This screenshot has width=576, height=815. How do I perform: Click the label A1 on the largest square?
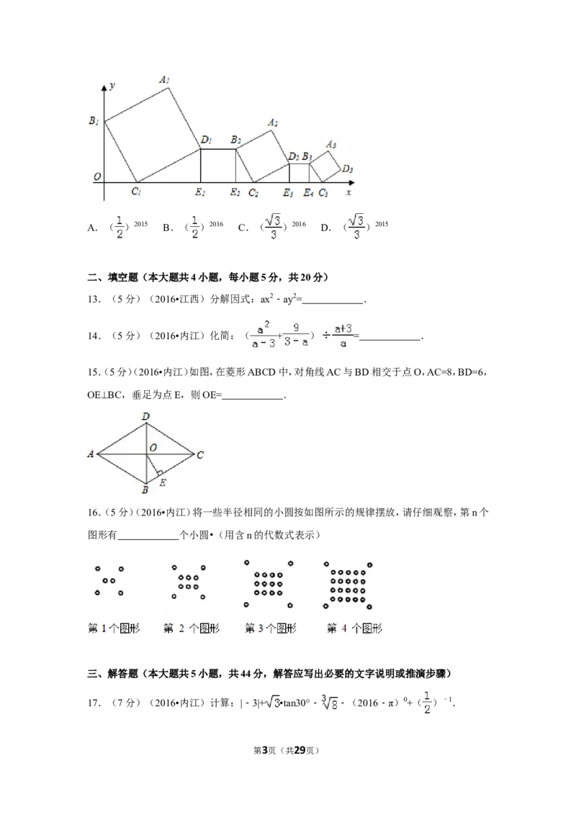[x=165, y=80]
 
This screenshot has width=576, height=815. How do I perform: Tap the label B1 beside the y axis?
[x=94, y=122]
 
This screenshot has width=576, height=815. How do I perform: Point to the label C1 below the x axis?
[x=135, y=192]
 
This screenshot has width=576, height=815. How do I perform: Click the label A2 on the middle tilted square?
[x=273, y=123]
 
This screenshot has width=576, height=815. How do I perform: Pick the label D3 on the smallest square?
[x=348, y=169]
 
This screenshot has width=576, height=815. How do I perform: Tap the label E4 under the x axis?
[x=308, y=192]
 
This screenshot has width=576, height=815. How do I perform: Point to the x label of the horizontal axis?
[x=349, y=192]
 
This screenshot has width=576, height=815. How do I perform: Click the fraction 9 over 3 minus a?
[x=296, y=335]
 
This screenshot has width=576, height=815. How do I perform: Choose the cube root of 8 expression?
[x=328, y=702]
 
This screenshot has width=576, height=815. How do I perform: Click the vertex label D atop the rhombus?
[x=145, y=416]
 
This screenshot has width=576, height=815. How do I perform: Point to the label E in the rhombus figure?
[x=163, y=482]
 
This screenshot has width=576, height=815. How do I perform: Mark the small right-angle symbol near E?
[x=159, y=473]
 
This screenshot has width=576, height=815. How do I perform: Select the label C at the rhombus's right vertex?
[x=200, y=454]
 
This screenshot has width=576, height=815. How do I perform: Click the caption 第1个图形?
[x=113, y=628]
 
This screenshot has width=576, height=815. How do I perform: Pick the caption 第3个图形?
[x=270, y=628]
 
